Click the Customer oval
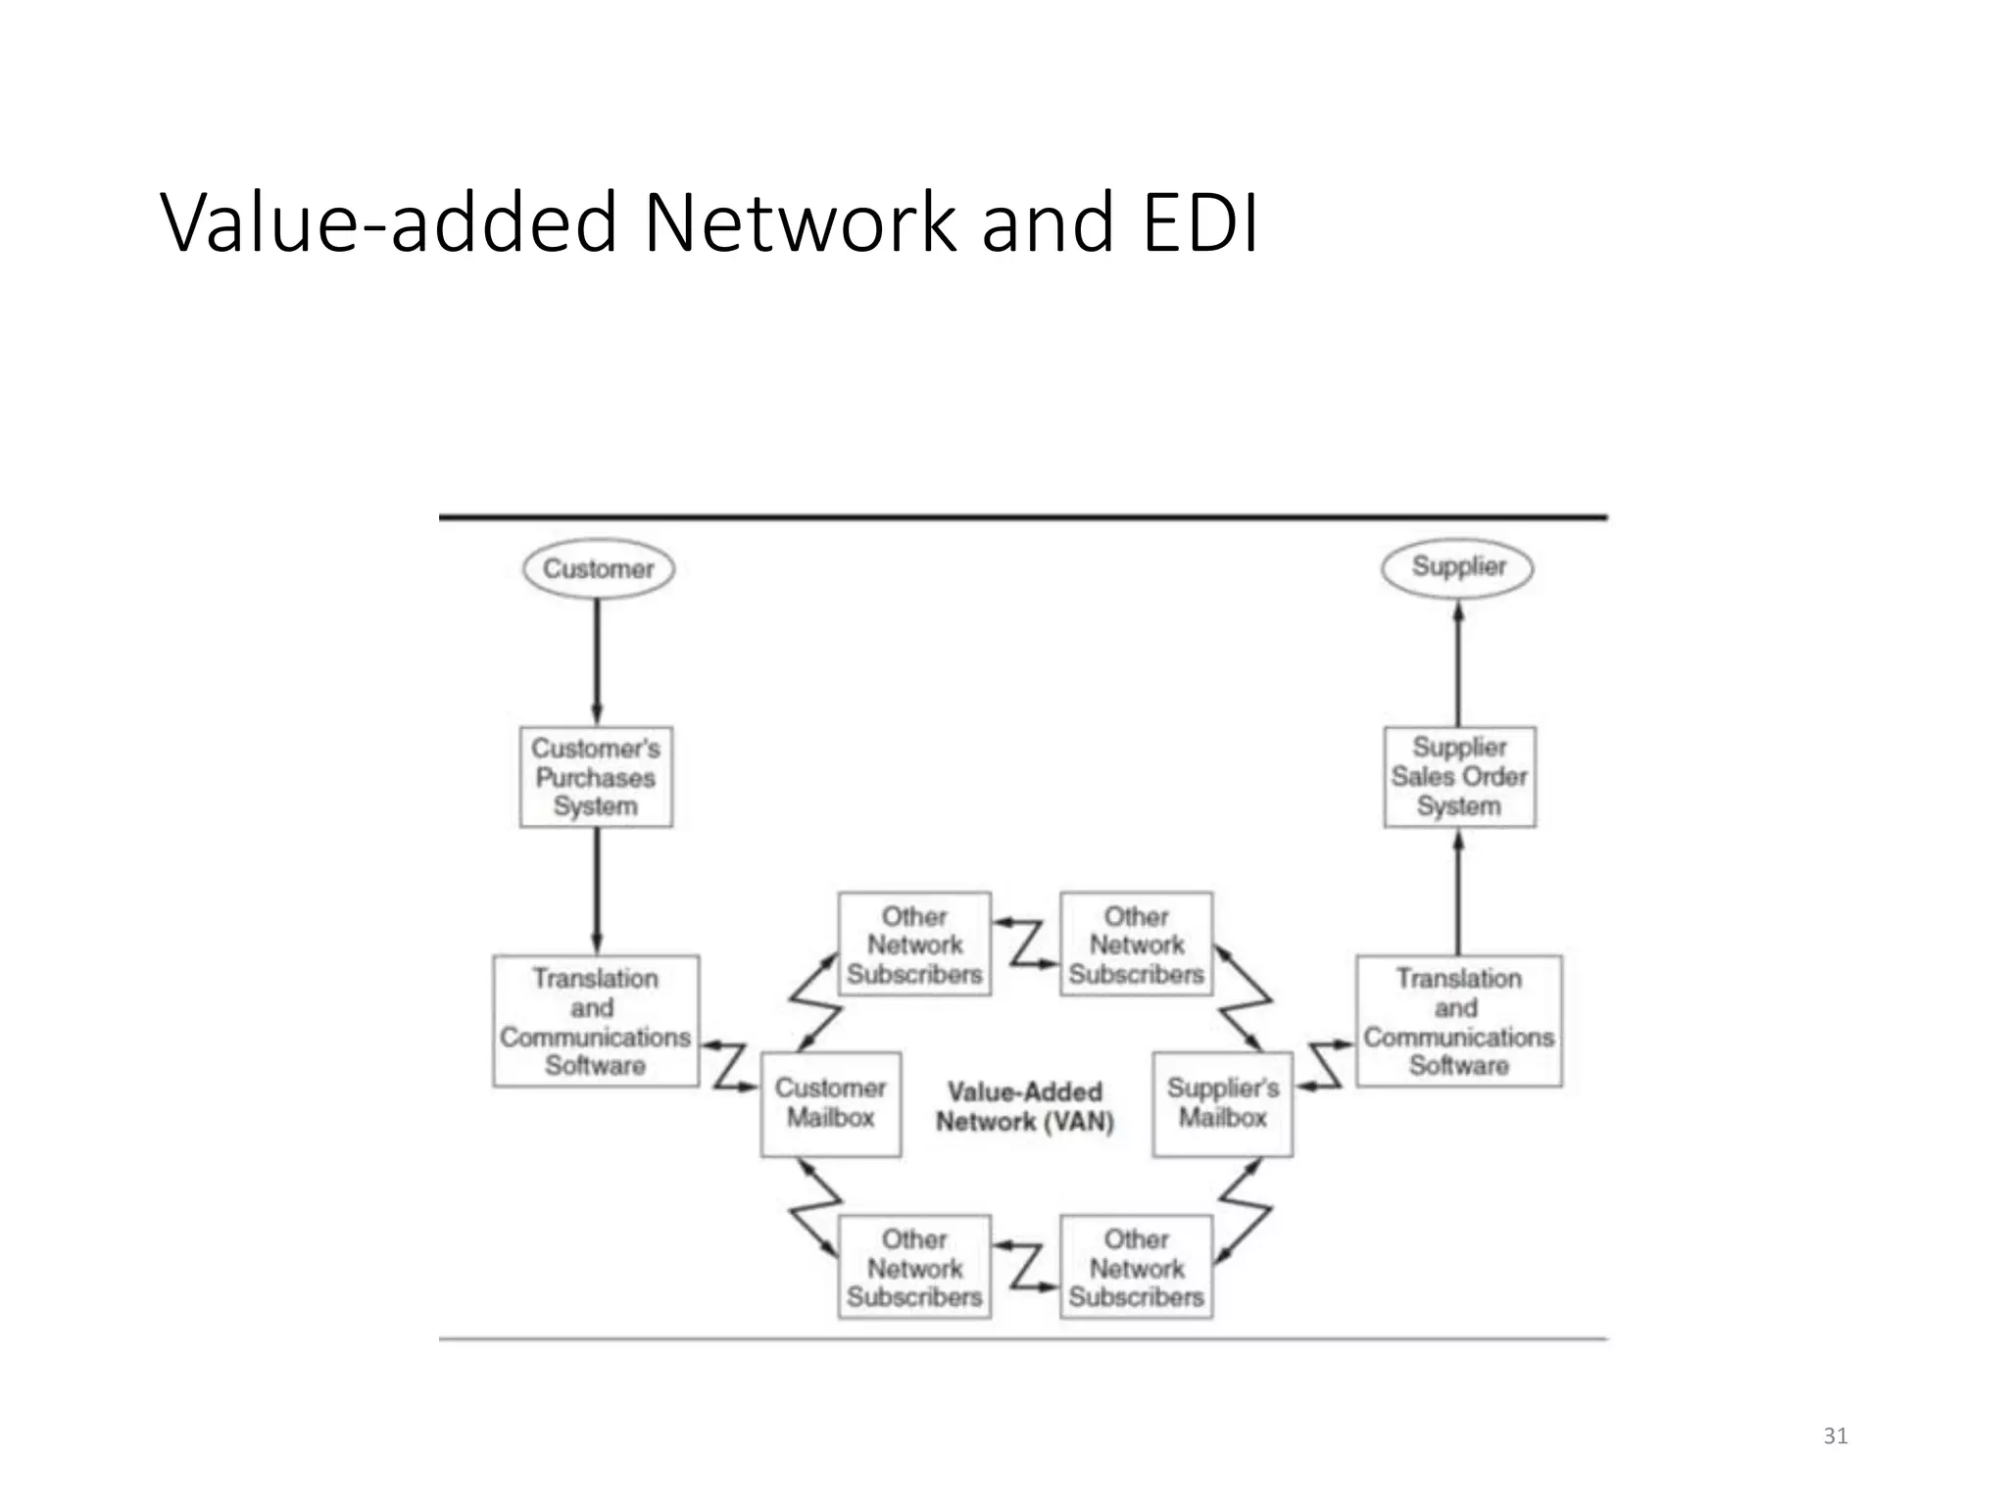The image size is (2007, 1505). tap(598, 568)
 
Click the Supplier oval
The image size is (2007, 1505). tap(1457, 567)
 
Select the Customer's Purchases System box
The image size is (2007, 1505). tap(596, 777)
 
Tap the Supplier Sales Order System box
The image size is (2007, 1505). tap(1459, 777)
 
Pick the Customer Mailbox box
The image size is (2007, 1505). tap(831, 1103)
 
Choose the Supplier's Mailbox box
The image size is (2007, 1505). tap(1222, 1103)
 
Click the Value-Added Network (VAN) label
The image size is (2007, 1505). tap(1025, 1106)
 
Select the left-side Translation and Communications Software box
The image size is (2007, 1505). tap(596, 1021)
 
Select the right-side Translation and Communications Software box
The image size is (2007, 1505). tap(1458, 1021)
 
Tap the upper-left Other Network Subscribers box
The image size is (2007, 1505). tap(914, 945)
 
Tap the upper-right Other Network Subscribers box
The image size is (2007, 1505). tap(1137, 945)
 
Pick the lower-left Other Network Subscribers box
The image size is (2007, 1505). tap(914, 1267)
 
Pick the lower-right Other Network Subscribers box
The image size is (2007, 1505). tap(1137, 1267)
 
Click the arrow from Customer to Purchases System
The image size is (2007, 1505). tap(597, 661)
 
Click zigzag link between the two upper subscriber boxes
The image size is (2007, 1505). tap(1026, 944)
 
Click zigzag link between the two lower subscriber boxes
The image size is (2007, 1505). tap(1026, 1266)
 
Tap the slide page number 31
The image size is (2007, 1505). tap(1836, 1436)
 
